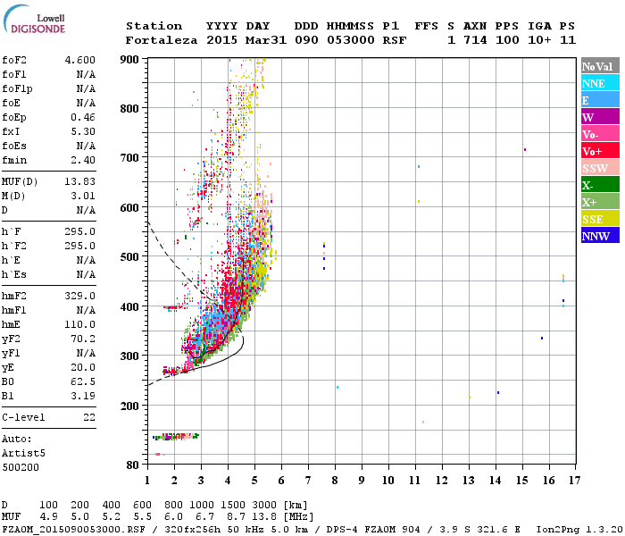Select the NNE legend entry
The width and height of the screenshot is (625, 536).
pyautogui.click(x=600, y=83)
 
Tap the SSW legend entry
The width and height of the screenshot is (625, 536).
pyautogui.click(x=600, y=168)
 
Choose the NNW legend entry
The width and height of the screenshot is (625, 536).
pyautogui.click(x=600, y=236)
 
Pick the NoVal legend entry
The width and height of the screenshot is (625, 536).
pyautogui.click(x=600, y=66)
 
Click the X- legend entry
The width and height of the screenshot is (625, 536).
pyautogui.click(x=600, y=185)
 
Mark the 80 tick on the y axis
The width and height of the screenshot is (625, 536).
pyautogui.click(x=134, y=465)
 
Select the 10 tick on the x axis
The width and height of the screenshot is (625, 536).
pyautogui.click(x=388, y=480)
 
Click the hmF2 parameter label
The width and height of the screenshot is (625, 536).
pyautogui.click(x=17, y=296)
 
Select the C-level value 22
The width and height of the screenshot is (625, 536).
pyautogui.click(x=89, y=417)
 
